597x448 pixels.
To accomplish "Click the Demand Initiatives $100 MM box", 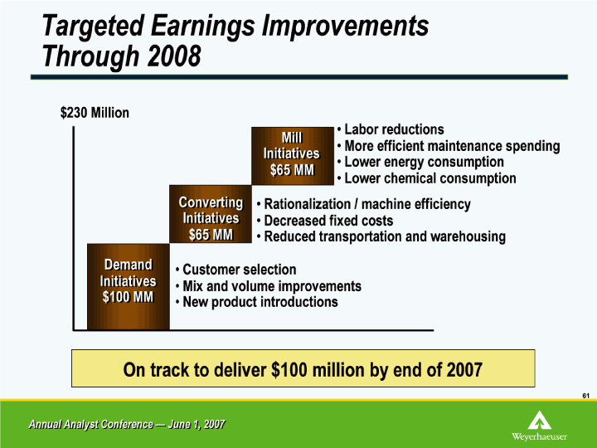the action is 129,286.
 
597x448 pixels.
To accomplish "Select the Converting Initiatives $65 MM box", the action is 211,214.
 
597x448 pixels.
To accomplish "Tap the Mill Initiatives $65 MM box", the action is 293,156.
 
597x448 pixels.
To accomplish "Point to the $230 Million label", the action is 95,113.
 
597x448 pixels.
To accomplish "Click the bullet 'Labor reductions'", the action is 391,129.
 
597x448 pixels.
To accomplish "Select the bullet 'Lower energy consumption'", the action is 420,162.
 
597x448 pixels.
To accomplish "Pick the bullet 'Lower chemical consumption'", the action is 426,178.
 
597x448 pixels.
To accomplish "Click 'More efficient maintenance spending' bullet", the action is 449,146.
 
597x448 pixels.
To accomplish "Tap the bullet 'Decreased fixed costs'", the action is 325,221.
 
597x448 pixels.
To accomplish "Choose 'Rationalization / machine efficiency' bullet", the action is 364,204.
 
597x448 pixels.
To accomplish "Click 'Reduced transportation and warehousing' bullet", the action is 381,236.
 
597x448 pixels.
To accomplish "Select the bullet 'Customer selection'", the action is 236,270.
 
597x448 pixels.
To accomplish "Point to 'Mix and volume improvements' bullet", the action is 269,286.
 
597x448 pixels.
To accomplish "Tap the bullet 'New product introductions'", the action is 256,302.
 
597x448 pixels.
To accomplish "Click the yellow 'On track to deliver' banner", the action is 303,368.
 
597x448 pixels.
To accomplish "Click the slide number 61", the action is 585,396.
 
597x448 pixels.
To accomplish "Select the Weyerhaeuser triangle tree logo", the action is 539,420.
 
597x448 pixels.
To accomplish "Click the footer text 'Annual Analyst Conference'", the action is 91,425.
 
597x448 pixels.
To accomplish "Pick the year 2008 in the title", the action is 174,56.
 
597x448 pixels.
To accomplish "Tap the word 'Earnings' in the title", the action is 203,27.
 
